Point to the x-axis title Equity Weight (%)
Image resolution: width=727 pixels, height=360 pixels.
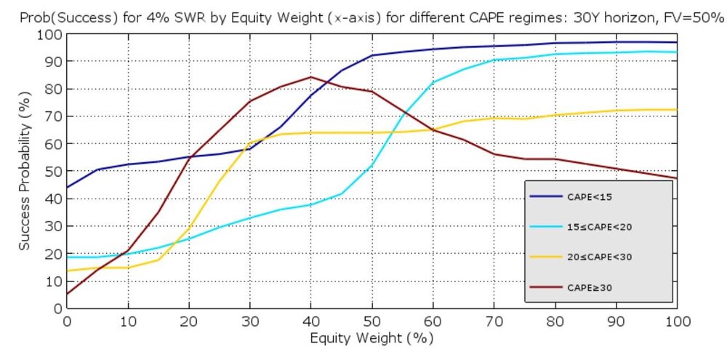(372, 338)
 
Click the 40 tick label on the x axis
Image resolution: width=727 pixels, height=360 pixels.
(311, 321)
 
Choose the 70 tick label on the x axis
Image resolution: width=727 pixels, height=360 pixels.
(494, 321)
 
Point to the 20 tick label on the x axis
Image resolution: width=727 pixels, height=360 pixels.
(189, 321)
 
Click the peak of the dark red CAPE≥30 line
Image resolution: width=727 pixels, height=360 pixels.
(311, 77)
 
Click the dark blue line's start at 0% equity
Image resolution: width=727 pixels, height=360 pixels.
(68, 187)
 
